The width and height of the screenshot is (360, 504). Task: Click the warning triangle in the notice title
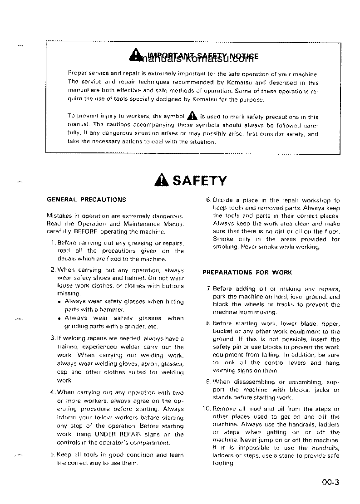click(135, 56)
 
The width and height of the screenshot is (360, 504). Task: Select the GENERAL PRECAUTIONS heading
click(87, 199)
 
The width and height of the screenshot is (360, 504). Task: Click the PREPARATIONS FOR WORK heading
click(247, 273)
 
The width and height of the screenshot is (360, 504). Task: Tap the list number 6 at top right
click(208, 200)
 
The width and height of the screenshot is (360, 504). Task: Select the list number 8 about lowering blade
click(208, 323)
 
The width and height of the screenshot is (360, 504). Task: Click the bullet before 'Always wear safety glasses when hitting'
click(59, 301)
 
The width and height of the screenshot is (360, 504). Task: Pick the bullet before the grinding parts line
click(59, 318)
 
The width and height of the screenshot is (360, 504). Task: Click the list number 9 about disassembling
click(208, 382)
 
